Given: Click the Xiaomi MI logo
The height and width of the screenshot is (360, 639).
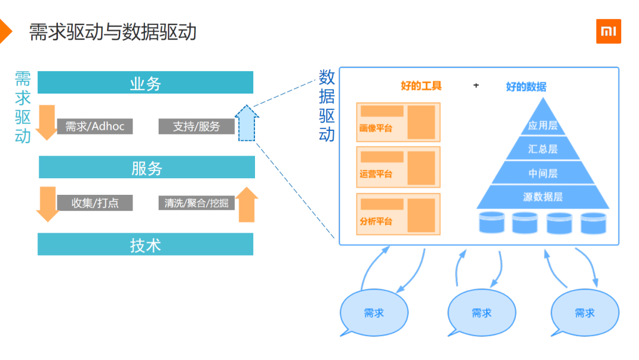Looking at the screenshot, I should coord(608,31).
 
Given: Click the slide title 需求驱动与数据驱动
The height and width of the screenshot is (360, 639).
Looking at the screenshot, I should coord(113,31).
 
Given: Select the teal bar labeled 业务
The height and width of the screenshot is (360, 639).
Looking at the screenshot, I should coord(146,83).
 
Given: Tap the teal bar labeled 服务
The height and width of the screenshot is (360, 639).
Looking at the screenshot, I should coord(147,168).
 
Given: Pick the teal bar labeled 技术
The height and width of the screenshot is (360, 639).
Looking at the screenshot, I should coord(146,245).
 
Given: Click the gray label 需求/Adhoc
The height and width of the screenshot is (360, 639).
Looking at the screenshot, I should coord(95,126).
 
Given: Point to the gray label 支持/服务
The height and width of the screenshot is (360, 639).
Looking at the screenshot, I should coord(196,126).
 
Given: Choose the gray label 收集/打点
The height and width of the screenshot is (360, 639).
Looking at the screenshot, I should coord(95,203).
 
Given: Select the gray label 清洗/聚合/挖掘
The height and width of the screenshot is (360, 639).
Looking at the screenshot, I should coord(196,203).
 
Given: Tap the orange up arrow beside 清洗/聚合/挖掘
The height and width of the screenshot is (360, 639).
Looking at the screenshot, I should coord(247,204).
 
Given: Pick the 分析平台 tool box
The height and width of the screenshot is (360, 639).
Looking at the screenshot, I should coord(398,214).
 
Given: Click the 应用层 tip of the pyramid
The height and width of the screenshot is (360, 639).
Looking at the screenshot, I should coord(543,121).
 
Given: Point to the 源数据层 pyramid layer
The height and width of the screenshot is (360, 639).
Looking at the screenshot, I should coord(543,197).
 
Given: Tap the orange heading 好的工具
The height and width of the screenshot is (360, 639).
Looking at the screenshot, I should coord(421,86).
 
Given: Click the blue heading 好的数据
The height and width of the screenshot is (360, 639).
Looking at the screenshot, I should coord(526,86).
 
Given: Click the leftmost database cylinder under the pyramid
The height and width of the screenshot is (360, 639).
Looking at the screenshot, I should coord(491,222).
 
